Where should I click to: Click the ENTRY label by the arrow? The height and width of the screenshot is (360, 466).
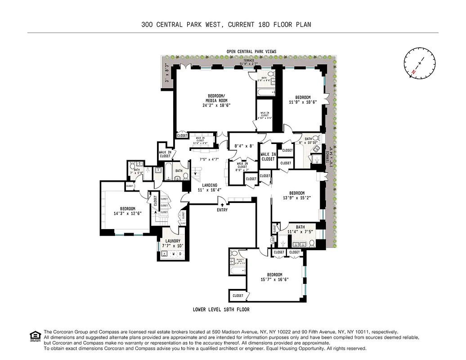(222, 210)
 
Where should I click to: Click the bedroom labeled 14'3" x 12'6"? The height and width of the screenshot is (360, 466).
(128, 211)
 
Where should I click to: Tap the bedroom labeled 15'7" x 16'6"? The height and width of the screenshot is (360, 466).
(274, 277)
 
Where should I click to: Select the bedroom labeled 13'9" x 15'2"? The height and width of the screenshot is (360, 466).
(297, 195)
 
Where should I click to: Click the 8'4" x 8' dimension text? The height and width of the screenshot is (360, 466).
(244, 146)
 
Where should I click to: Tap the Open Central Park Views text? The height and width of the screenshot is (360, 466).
(251, 52)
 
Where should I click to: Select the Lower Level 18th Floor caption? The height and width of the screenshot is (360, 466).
(221, 310)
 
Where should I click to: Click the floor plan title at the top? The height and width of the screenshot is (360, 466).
(233, 25)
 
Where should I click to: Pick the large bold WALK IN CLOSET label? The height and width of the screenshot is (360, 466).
(268, 157)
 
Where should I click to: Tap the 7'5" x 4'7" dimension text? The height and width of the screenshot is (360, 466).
(209, 159)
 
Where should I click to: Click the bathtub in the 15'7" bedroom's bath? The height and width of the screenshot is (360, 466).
(237, 270)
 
